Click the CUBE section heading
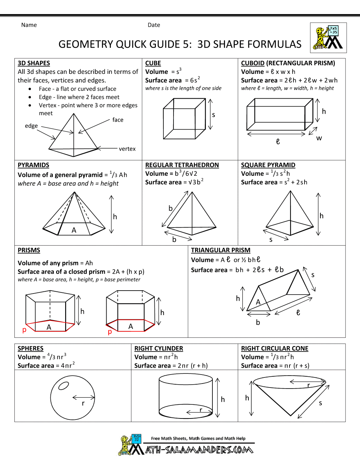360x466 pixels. point(153,63)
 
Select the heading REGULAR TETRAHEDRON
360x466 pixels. point(182,165)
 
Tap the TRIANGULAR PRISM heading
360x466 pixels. point(220,250)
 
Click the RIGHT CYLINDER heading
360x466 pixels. point(158,349)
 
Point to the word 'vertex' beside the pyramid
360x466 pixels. point(127,149)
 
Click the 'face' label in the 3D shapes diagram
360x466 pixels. point(118,120)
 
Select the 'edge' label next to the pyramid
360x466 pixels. point(31,126)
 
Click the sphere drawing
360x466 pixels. point(72,398)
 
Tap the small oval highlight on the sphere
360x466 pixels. point(64,386)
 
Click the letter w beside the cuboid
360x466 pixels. point(319,138)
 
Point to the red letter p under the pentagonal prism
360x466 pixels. point(24,330)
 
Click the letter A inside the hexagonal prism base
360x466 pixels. point(131,326)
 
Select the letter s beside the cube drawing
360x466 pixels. point(213,115)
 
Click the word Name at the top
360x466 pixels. point(29,25)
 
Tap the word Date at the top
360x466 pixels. point(154,25)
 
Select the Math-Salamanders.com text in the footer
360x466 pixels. point(199,450)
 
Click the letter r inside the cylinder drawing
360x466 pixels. point(201,409)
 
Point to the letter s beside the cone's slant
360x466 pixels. point(320,403)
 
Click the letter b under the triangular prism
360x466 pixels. point(258,322)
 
